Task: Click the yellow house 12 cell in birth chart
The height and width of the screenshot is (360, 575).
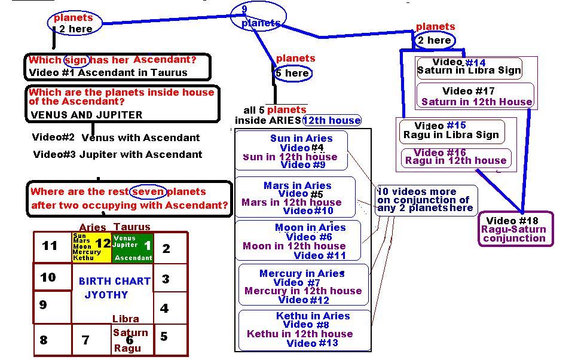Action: coord(91,247)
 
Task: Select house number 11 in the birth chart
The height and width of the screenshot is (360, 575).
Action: coord(50,246)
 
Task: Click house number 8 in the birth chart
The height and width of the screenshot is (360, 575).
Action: coord(44,340)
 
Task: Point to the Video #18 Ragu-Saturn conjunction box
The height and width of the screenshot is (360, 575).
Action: coord(516,229)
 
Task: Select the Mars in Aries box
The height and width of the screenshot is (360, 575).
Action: coord(295,197)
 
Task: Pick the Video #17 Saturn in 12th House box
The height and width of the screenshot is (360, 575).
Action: coord(476,96)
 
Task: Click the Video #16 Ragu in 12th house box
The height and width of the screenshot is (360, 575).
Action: coord(456,157)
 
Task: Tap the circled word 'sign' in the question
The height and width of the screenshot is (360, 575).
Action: coord(76,60)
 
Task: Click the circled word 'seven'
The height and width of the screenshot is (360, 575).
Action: coord(148,191)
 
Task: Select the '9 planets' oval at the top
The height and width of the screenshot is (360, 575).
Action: coord(258,16)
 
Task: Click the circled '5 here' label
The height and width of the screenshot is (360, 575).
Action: coord(292,73)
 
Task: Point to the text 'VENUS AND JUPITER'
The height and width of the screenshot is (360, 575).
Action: coord(87,115)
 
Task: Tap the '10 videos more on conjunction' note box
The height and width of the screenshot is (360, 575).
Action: coord(426,200)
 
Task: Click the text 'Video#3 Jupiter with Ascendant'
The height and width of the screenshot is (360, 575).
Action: coord(118,154)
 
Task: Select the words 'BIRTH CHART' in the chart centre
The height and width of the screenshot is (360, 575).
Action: coord(114,281)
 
